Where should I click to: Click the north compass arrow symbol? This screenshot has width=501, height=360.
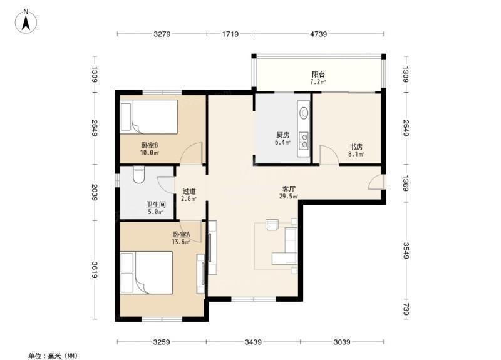26,21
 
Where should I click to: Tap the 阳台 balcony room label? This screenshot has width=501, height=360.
318,75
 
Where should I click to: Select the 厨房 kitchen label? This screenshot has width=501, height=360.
283,135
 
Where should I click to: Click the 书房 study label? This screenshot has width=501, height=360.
356,147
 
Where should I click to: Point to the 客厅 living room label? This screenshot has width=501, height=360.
289,189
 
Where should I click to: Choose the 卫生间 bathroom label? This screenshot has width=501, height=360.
156,205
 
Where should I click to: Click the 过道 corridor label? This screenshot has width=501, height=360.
189,192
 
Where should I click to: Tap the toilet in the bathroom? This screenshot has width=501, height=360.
138,175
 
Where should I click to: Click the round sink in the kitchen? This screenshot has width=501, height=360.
304,113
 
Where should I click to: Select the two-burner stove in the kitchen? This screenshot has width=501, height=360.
304,141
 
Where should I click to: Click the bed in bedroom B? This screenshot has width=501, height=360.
149,116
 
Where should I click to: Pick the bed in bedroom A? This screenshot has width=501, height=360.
147,272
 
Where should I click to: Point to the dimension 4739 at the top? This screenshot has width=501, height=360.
319,34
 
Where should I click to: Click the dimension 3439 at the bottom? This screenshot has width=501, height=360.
253,342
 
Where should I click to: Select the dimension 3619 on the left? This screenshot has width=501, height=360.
95,270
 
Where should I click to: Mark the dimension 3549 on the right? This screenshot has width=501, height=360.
405,251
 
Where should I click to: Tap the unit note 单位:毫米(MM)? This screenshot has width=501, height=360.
53,356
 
